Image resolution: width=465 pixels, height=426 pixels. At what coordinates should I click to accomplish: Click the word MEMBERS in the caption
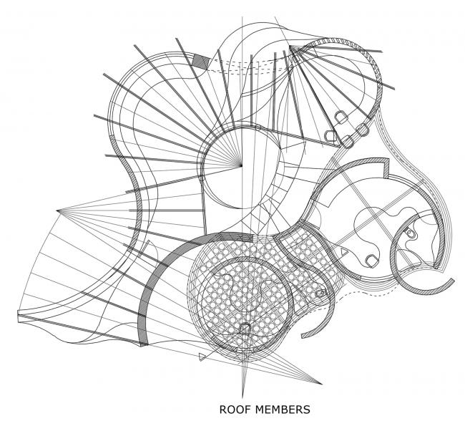point(283,410)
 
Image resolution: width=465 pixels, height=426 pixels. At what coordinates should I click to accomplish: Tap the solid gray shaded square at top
point(201,62)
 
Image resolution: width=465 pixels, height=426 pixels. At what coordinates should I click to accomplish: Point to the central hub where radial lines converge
point(241,165)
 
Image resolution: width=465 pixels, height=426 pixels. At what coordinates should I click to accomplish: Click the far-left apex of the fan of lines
point(57,210)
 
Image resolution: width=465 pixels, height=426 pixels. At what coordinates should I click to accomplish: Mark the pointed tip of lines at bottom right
point(321,384)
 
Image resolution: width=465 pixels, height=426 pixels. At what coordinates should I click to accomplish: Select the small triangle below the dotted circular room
point(202,357)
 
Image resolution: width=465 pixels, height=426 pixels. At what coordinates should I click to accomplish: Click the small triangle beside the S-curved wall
point(343,252)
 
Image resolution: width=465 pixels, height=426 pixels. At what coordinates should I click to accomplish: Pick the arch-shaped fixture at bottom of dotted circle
point(245,329)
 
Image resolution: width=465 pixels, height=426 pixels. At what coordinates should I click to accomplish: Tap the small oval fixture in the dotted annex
point(320,294)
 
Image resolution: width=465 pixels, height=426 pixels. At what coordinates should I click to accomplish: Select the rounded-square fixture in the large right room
point(371,261)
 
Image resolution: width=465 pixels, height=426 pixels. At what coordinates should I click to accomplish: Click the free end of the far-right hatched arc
point(453,280)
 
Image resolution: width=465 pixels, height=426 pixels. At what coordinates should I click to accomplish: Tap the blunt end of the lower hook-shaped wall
point(303,336)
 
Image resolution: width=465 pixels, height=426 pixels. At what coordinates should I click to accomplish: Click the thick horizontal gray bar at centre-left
point(165,210)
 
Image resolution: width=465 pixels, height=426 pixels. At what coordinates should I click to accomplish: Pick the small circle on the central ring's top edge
point(258,127)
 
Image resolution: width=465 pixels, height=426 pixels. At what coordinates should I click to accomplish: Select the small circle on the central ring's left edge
point(201,178)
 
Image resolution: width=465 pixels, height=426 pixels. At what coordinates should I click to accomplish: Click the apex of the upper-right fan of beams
point(290,47)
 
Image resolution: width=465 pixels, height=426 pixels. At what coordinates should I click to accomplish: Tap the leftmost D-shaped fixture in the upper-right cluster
point(330,136)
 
